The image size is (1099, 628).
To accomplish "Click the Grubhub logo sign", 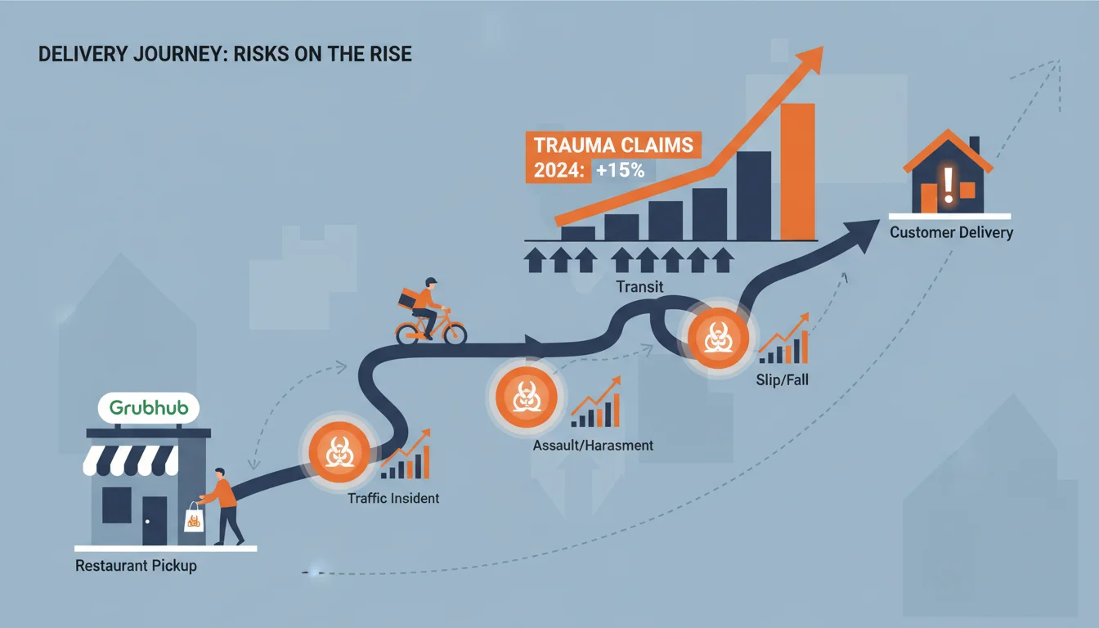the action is (149, 408).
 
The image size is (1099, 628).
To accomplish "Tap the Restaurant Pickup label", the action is (136, 566).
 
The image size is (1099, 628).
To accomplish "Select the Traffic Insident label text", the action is (393, 499).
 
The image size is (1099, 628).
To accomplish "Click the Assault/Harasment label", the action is (593, 446).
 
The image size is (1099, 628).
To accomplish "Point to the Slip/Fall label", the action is (782, 379).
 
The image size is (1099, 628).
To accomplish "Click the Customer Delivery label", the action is (951, 232).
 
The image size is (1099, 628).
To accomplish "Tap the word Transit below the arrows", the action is (639, 286).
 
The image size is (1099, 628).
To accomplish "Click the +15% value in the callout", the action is (620, 170).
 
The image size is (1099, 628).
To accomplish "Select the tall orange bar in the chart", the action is (798, 172).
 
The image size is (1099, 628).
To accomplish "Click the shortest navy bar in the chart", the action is (578, 234).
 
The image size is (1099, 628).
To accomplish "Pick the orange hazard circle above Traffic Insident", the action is (339, 452).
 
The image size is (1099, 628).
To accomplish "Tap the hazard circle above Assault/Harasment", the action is (526, 397).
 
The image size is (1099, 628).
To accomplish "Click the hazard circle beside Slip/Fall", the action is (718, 339).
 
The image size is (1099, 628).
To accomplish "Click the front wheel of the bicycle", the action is (455, 334).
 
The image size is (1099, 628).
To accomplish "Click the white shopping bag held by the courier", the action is (195, 518).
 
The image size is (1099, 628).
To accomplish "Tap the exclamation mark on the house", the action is (949, 186).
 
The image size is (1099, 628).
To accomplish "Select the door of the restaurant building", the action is (155, 521).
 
